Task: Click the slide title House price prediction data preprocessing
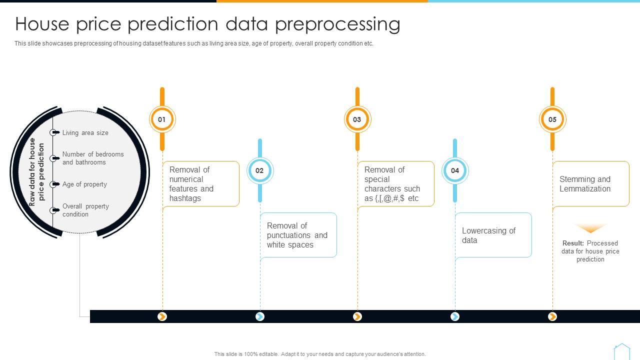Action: [x=207, y=24]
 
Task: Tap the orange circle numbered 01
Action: [x=162, y=119]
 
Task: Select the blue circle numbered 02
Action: [x=259, y=170]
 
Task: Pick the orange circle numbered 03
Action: [x=357, y=119]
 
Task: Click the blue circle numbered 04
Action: [x=454, y=170]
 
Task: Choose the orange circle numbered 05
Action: [x=552, y=119]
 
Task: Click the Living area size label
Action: [x=85, y=132]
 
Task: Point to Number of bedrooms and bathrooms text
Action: [x=93, y=158]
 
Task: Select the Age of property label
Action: [x=84, y=184]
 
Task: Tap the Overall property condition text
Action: [x=85, y=210]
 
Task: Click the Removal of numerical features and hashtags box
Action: [x=201, y=184]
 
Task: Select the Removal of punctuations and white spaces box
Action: [x=298, y=235]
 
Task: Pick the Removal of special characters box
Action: [x=395, y=184]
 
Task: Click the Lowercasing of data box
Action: [x=493, y=235]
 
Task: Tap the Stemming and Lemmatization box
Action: [x=590, y=184]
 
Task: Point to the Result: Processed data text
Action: [x=590, y=251]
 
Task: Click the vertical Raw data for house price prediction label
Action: [x=36, y=172]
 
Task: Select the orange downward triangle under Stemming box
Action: [x=590, y=228]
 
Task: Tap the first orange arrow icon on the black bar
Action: [x=162, y=316]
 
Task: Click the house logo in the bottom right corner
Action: [x=621, y=351]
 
